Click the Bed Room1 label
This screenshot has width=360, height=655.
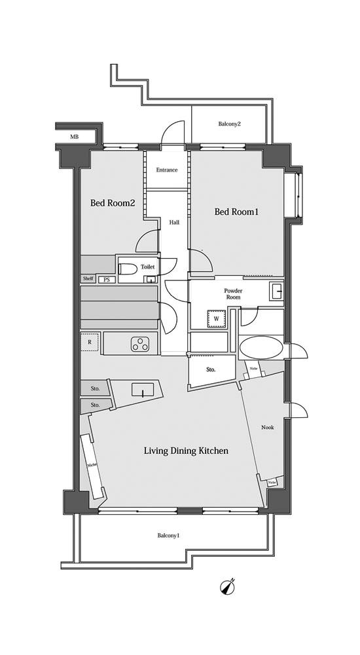(236, 212)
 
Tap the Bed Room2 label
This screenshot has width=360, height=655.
(113, 203)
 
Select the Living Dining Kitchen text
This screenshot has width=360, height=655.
(186, 451)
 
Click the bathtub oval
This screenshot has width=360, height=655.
(261, 348)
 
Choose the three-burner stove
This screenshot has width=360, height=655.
(140, 344)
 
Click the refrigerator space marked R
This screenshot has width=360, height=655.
(90, 342)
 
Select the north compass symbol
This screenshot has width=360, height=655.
(227, 586)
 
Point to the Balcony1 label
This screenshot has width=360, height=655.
(168, 536)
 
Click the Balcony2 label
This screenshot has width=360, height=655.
(230, 124)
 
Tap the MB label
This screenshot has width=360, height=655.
(74, 137)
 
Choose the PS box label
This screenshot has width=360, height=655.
(107, 280)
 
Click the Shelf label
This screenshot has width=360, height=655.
(88, 279)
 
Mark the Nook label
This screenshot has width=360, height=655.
(267, 427)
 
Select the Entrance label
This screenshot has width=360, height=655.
(167, 170)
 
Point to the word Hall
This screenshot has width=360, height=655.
(174, 222)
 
